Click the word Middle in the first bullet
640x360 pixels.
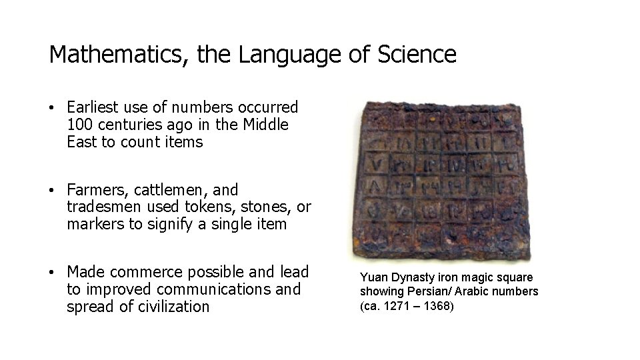[x=266, y=125]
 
